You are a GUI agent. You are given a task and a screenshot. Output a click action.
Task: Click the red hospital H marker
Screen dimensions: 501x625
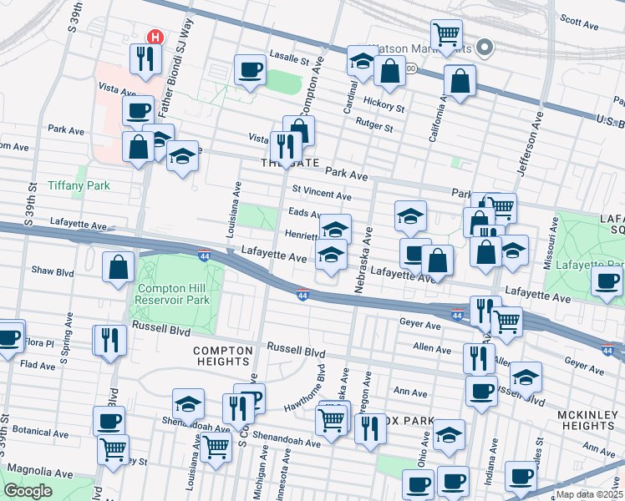(155, 37)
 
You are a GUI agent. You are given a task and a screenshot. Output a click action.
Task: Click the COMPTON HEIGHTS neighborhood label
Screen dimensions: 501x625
(221, 357)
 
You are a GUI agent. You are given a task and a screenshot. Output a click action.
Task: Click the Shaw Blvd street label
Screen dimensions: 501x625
(53, 271)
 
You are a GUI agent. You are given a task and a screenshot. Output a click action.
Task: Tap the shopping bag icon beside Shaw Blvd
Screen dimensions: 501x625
(119, 267)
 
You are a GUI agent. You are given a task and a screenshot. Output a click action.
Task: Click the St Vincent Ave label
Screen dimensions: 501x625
(321, 195)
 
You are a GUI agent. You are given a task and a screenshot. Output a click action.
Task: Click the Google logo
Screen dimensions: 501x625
(28, 491)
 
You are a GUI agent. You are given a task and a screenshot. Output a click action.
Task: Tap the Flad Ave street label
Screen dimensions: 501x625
(38, 365)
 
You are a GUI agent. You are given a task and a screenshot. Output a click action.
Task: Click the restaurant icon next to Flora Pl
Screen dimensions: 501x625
(109, 340)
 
